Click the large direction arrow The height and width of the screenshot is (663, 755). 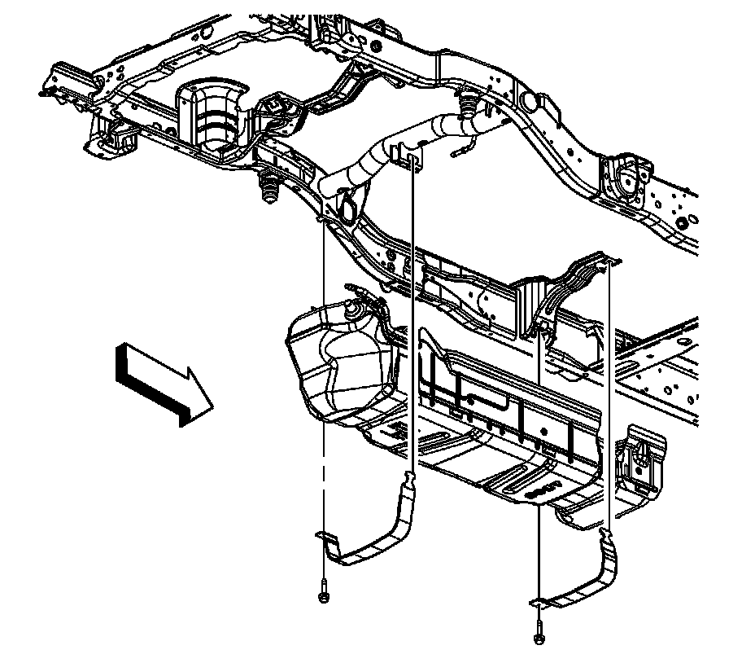(x=163, y=383)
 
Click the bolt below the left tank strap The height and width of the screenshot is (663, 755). (x=324, y=595)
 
